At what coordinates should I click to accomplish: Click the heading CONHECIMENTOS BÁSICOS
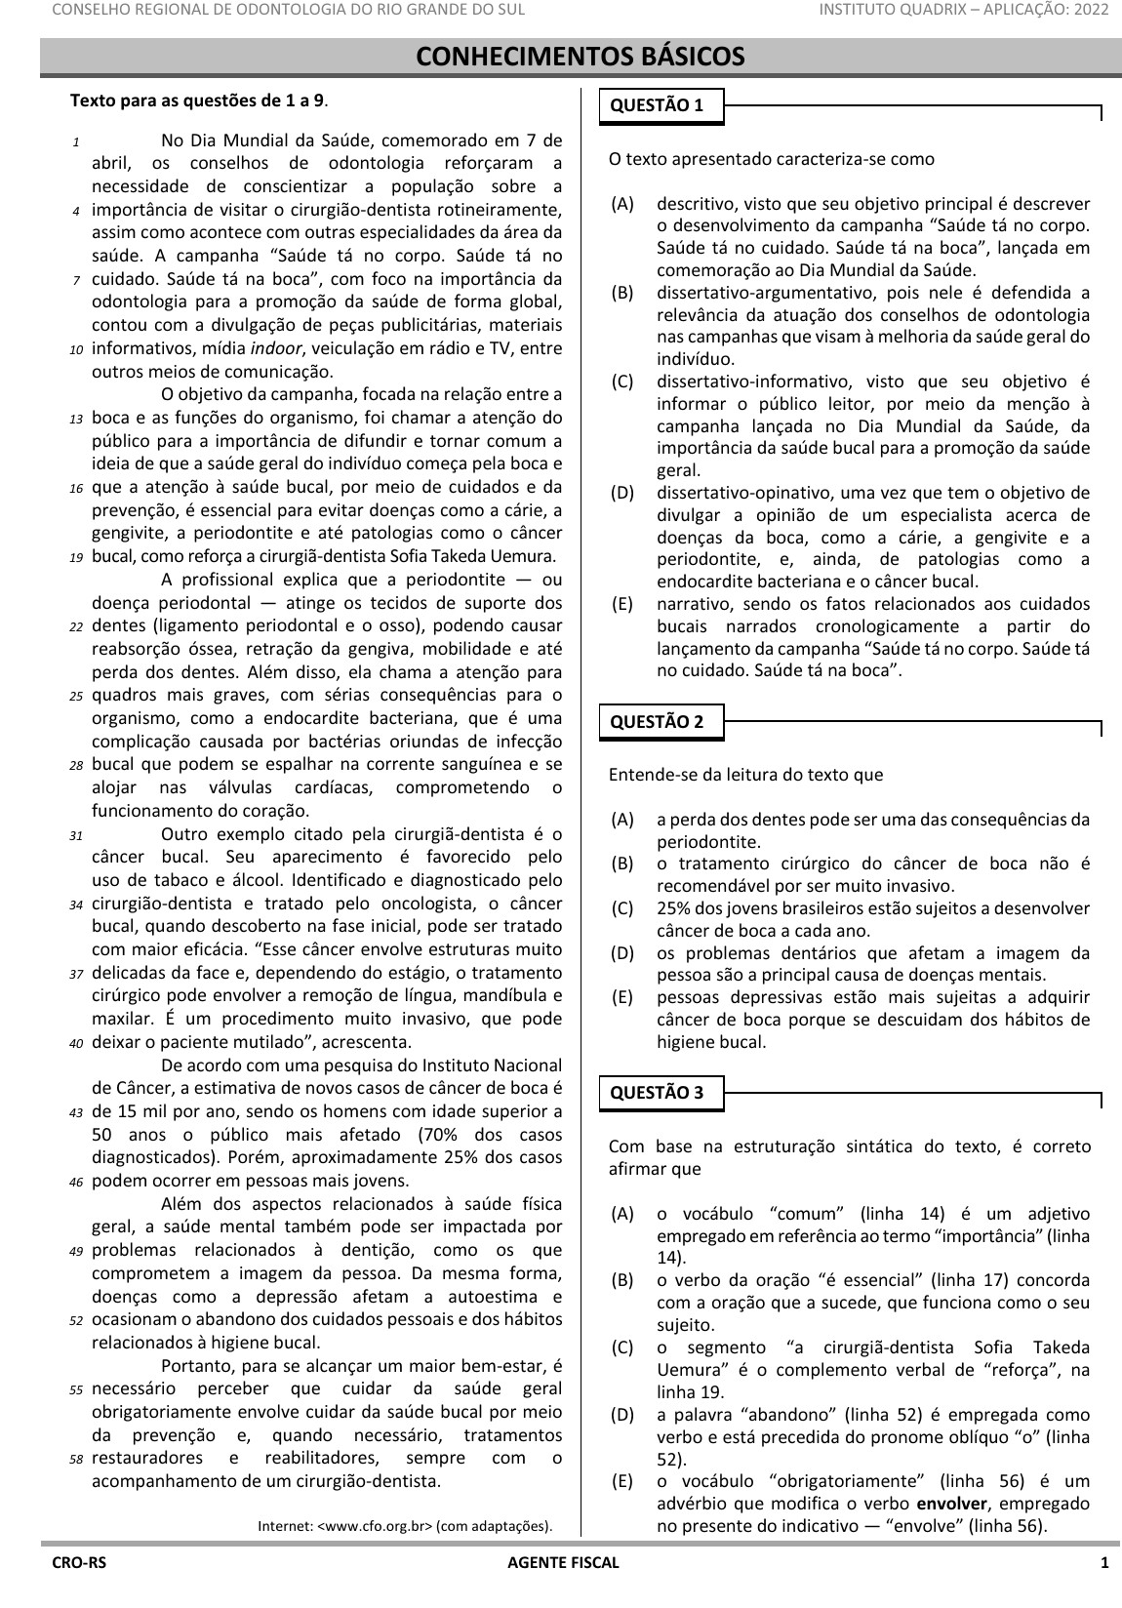click(581, 58)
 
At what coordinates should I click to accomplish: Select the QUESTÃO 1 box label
click(656, 106)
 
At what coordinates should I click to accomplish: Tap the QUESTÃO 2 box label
click(656, 722)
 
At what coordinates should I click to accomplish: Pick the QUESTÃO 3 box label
click(656, 1093)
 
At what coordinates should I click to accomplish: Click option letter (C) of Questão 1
click(621, 382)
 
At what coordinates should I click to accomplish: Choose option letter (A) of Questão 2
click(621, 820)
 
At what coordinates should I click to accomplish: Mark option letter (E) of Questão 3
click(621, 1481)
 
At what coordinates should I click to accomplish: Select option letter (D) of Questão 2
click(621, 953)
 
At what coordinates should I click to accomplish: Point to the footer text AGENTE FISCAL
click(563, 1563)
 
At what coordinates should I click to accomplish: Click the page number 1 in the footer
click(1104, 1563)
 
